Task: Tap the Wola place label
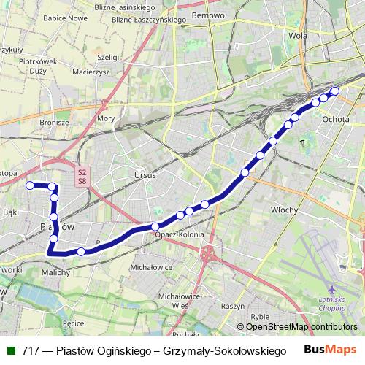pyautogui.click(x=297, y=34)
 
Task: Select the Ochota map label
pyautogui.click(x=335, y=118)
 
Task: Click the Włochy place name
pyautogui.click(x=285, y=210)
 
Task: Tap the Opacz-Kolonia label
pyautogui.click(x=178, y=235)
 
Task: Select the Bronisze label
pyautogui.click(x=55, y=123)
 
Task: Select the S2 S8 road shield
pyautogui.click(x=82, y=177)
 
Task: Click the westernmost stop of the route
pyautogui.click(x=30, y=185)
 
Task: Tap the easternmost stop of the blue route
pyautogui.click(x=336, y=91)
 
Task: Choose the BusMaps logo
pyautogui.click(x=330, y=350)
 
